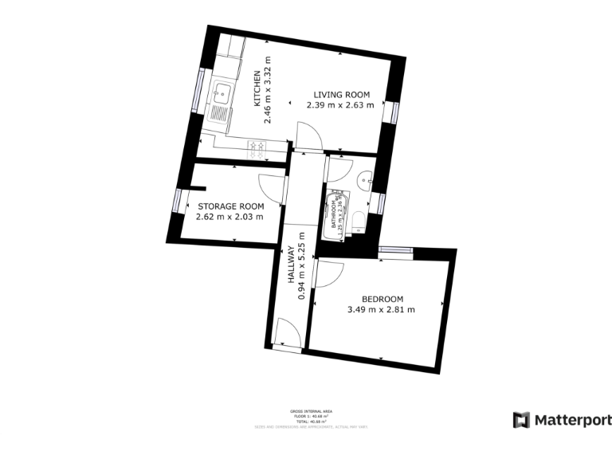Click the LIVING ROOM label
pyautogui.click(x=341, y=95)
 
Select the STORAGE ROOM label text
pyautogui.click(x=230, y=206)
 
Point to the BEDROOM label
pyautogui.click(x=381, y=297)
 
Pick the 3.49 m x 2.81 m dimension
pyautogui.click(x=381, y=309)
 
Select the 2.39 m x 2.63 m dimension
pyautogui.click(x=341, y=106)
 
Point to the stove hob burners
pyautogui.click(x=258, y=145)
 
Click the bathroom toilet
pyautogui.click(x=359, y=220)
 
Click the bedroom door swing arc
pyautogui.click(x=328, y=274)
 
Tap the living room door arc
pyautogui.click(x=309, y=135)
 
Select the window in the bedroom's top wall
pyautogui.click(x=395, y=250)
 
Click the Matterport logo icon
pyautogui.click(x=521, y=419)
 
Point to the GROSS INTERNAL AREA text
pyautogui.click(x=311, y=411)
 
